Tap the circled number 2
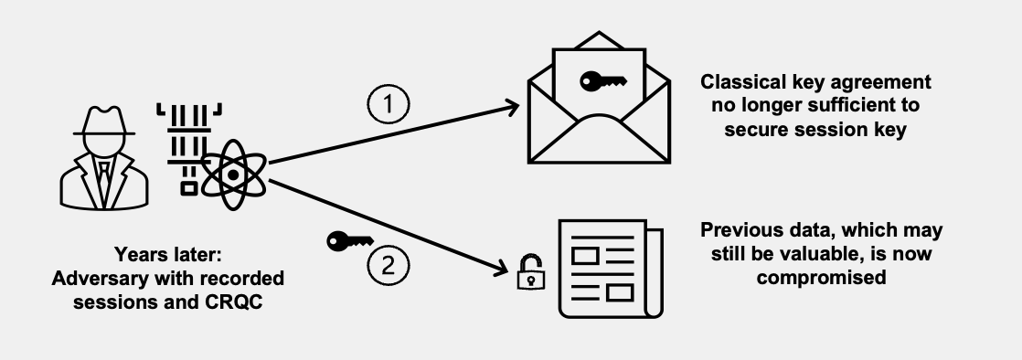tap(387, 266)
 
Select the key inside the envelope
tap(603, 81)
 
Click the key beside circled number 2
tap(348, 242)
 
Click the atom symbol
tap(234, 172)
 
